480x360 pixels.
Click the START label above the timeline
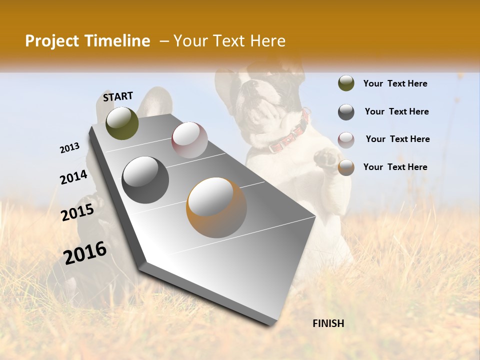coord(118,96)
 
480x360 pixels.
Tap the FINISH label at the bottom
coord(328,323)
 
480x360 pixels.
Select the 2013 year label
coord(70,148)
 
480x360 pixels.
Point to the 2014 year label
coord(74,177)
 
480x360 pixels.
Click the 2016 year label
coord(85,253)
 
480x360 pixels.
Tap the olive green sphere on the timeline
coord(122,123)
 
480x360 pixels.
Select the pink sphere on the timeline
coord(189,140)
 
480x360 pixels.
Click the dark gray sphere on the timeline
coord(145,180)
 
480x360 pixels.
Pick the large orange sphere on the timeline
coord(216,207)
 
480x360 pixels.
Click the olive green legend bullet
coord(346,83)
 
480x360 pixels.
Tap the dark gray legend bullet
coord(346,111)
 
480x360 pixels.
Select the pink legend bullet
coord(346,139)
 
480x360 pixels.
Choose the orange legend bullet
coord(346,167)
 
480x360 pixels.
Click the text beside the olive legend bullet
coord(395,83)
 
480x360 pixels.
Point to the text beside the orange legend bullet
coord(395,167)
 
